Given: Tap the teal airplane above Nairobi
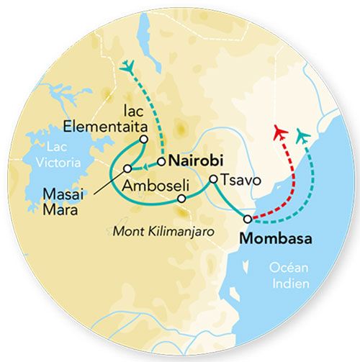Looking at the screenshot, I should click(x=128, y=66).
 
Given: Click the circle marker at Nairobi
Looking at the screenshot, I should click(x=162, y=160).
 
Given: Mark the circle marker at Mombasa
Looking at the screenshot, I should click(x=248, y=219).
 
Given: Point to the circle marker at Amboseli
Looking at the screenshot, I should click(x=181, y=198).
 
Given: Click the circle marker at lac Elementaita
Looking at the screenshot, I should click(x=144, y=139).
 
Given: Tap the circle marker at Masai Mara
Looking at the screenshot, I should click(x=127, y=168).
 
